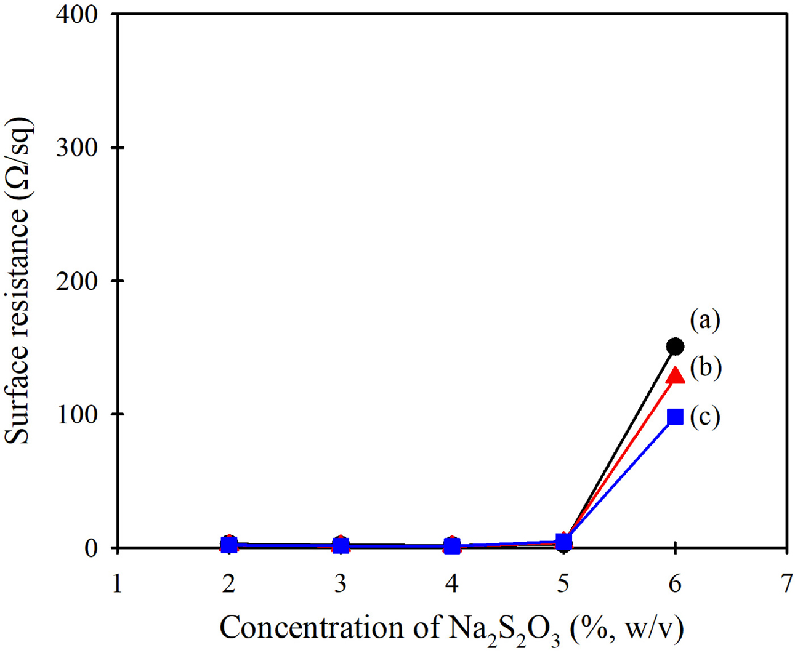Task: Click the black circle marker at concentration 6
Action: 675,347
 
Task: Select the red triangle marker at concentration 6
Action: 676,375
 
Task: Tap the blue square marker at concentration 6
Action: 675,417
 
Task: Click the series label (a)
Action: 704,320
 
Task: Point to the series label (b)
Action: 705,367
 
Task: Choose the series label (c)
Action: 704,417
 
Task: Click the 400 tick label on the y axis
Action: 76,15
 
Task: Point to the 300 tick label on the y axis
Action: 76,148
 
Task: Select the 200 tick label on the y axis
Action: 76,281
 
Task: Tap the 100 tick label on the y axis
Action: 76,414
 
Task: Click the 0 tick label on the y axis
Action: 91,547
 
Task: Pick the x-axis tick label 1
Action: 117,583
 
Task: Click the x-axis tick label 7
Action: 786,583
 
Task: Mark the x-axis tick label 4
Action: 452,583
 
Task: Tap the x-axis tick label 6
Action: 675,583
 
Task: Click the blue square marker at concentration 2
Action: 229,545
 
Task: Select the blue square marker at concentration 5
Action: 563,541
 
